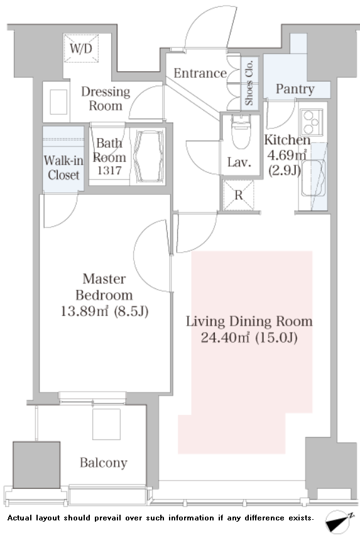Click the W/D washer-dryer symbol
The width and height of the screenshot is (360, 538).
click(81, 48)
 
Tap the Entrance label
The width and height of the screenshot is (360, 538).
click(200, 73)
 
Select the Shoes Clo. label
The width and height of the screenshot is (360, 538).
click(249, 83)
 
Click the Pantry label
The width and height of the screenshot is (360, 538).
click(295, 89)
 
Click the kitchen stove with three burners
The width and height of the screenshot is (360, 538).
click(312, 122)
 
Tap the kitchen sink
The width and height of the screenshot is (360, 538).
click(313, 178)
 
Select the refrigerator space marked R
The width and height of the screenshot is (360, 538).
click(239, 195)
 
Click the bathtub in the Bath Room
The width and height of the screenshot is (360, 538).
click(148, 156)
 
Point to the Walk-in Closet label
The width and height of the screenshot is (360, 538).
click(63, 168)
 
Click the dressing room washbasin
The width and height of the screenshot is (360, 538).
click(58, 102)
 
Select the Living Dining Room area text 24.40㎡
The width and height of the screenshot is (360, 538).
click(225, 338)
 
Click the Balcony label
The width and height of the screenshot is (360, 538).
click(104, 463)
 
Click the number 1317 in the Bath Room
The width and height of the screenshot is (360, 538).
click(109, 170)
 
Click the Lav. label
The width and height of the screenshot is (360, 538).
click(239, 162)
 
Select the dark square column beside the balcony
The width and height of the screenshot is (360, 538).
click(36, 464)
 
